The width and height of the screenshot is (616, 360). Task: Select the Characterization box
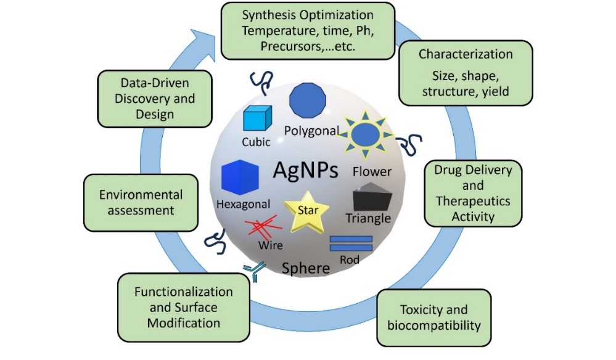[x=466, y=73]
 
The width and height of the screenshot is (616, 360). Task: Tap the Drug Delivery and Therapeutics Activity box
[x=473, y=192]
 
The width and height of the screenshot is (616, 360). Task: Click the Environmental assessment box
[x=141, y=202]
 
